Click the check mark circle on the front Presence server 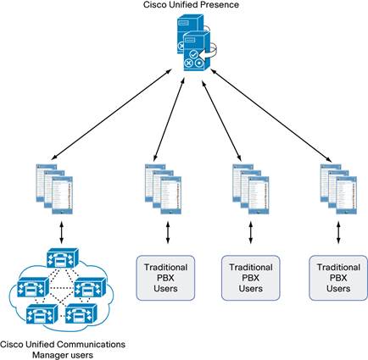coord(193,54)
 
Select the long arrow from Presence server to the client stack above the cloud coord(112,114)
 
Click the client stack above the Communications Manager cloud coord(54,189)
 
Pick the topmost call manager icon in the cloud coord(62,258)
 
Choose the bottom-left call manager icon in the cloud coord(42,314)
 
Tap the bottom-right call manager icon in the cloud coord(81,313)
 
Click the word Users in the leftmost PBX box coord(165,289)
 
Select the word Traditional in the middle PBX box coord(251,267)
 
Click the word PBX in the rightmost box coord(338,278)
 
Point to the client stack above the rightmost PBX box coord(338,189)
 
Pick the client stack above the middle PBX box coord(251,189)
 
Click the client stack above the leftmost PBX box coord(163,189)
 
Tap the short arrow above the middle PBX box coord(251,232)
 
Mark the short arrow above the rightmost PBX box coord(338,232)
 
